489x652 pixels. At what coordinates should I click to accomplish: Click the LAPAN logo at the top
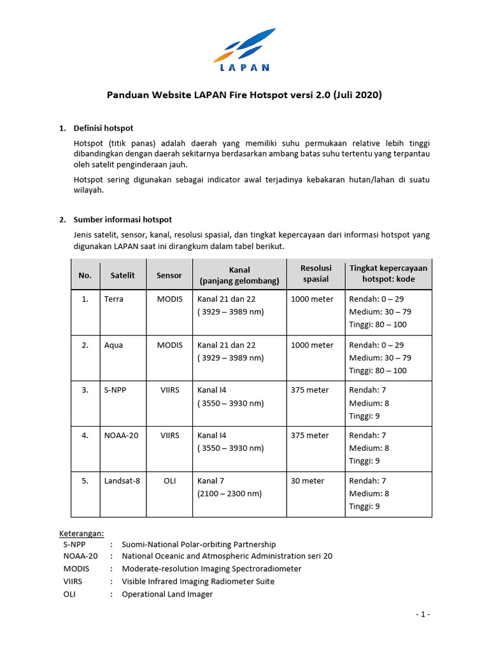coord(244,50)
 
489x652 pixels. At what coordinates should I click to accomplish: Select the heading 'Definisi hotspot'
coord(104,129)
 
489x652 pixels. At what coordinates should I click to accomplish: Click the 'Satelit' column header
coord(123,275)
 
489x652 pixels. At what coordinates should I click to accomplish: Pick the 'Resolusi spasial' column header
coord(315,274)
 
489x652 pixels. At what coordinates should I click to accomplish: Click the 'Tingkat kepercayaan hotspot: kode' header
coord(388,274)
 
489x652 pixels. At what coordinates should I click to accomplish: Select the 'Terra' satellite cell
coord(114,299)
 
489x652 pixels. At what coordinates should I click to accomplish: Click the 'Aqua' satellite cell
coord(113,345)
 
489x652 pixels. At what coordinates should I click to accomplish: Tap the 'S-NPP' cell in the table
coord(115,390)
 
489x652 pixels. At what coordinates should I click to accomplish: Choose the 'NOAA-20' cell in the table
coord(121,436)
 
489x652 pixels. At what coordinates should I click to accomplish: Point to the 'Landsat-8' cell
coord(122,481)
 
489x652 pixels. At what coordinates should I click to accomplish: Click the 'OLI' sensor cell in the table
coord(169,481)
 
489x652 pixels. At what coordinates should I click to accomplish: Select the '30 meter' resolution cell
coord(308,481)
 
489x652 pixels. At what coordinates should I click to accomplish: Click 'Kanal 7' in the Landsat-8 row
coord(211,481)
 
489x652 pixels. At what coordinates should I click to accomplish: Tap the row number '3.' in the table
coord(85,390)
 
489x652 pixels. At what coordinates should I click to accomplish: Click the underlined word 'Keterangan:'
coord(81,533)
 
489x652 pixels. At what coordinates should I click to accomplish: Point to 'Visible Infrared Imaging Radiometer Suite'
coord(198,581)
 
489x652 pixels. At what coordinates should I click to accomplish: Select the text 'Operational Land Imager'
coord(167,594)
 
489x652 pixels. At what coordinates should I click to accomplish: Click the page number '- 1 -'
coord(422,614)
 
